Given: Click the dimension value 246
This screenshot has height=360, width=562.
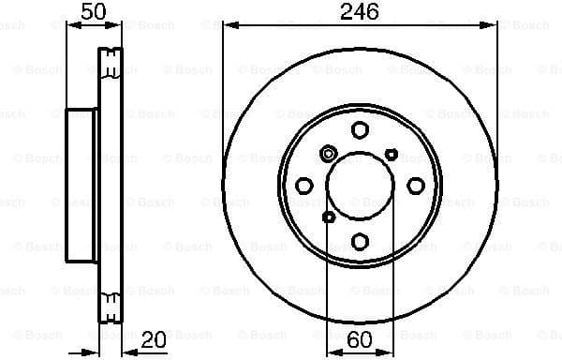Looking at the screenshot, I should click(x=360, y=12).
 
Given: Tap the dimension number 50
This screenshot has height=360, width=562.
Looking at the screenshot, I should click(x=93, y=12).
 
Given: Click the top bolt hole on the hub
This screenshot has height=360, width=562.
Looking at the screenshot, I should click(x=360, y=130).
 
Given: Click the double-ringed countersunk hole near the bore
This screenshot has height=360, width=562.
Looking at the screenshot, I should click(x=329, y=154).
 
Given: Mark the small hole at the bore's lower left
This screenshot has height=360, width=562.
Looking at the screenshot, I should click(x=329, y=217).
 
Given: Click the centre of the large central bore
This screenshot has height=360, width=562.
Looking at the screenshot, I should click(x=360, y=185).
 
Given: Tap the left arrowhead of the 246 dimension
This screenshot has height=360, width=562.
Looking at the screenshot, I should click(x=229, y=26).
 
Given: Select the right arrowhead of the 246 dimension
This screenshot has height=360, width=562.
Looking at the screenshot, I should click(x=491, y=26).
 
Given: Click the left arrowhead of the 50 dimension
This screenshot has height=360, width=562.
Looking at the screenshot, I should click(x=70, y=26).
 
